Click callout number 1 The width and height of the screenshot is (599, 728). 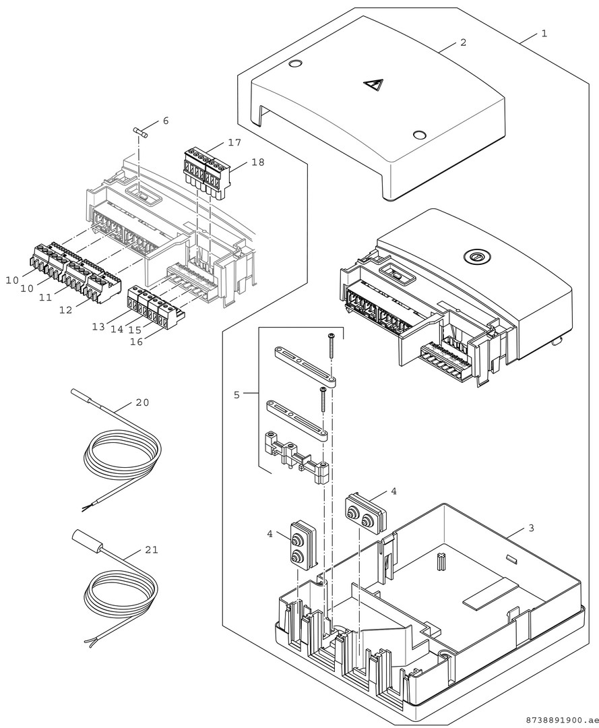544,33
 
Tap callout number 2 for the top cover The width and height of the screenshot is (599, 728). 463,42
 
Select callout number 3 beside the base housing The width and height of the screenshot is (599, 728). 531,528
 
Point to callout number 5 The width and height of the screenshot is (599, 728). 237,394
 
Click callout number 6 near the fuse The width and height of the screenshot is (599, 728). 165,121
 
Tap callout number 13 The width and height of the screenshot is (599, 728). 98,326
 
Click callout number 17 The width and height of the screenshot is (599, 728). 234,143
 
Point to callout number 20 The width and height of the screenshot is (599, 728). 142,402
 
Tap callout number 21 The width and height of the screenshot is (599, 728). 152,550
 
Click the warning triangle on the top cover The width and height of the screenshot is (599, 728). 373,86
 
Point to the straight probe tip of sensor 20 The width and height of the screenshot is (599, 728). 82,396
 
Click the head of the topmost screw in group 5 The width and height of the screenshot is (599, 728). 331,336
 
